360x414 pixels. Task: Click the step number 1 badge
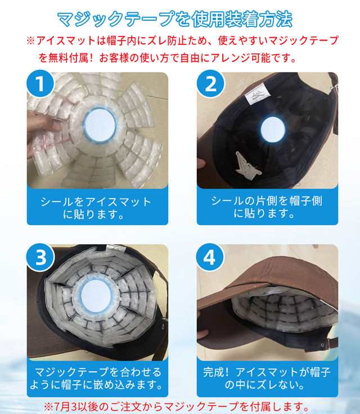pos(40,84)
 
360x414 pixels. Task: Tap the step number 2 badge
pos(210,84)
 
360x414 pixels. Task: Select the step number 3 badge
pos(40,258)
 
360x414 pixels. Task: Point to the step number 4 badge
pos(210,258)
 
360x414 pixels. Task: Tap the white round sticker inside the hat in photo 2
pos(273,129)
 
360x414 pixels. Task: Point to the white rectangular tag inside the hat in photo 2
pos(258,93)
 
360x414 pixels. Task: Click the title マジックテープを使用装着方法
pos(174,19)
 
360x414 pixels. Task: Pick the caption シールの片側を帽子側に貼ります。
pos(267,207)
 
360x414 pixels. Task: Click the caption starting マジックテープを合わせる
pos(96,379)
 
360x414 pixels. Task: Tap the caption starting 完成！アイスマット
pos(267,379)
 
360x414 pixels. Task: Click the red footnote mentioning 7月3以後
pos(177,407)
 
